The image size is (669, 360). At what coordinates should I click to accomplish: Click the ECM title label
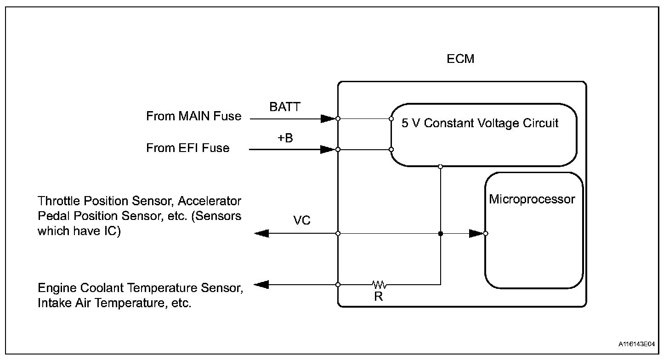[460, 59]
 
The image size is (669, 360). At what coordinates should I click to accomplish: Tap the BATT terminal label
[284, 107]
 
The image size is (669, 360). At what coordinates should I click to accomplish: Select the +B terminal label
[285, 138]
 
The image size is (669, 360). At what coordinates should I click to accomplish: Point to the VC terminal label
[301, 220]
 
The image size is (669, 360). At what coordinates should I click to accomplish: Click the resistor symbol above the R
[380, 285]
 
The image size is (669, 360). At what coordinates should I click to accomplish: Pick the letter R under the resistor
[379, 297]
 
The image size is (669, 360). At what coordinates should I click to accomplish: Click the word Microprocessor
[532, 199]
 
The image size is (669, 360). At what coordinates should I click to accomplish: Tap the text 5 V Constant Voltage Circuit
[480, 123]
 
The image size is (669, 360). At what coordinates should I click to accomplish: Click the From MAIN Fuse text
[193, 116]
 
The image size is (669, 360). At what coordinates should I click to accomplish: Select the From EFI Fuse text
[188, 148]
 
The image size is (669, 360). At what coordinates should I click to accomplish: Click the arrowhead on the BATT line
[328, 119]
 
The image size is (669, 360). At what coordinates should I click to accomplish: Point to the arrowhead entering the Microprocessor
[476, 233]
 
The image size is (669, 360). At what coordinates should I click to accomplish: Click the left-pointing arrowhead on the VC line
[261, 233]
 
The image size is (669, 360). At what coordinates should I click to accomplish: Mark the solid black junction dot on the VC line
[441, 233]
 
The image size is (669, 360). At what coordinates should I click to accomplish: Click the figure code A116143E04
[636, 344]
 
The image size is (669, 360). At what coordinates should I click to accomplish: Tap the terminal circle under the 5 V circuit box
[440, 167]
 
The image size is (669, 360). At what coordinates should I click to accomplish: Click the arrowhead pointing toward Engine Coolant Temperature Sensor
[261, 285]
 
